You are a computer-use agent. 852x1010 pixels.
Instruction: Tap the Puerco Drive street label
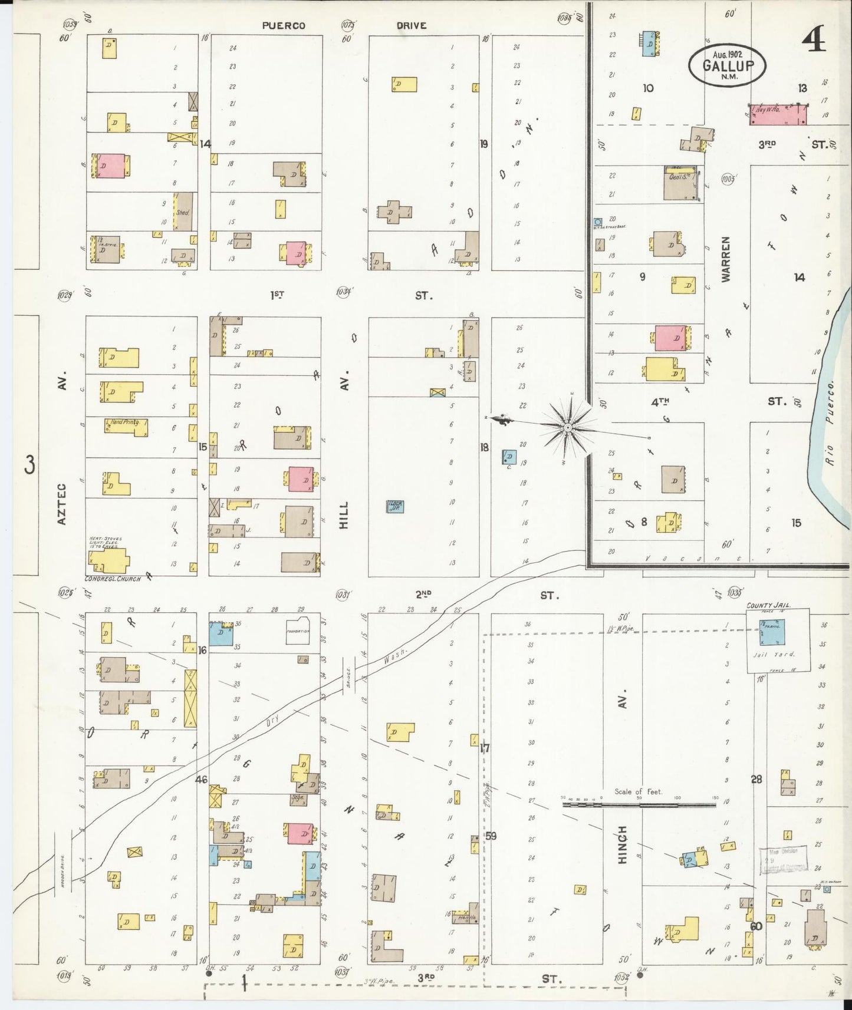pyautogui.click(x=344, y=25)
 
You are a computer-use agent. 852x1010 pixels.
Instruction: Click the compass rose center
pyautogui.click(x=567, y=426)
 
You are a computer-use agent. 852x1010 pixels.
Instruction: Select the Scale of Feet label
pyautogui.click(x=639, y=791)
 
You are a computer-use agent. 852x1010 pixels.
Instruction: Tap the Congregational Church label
pyautogui.click(x=113, y=579)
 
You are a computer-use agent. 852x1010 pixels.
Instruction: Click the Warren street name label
pyautogui.click(x=725, y=259)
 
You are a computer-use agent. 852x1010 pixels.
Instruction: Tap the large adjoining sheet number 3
pyautogui.click(x=29, y=465)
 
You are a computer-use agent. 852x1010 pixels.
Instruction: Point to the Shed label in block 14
pyautogui.click(x=182, y=212)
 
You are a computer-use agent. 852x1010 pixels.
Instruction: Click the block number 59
pyautogui.click(x=491, y=836)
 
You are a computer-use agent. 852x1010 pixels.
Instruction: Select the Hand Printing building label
pyautogui.click(x=126, y=423)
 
